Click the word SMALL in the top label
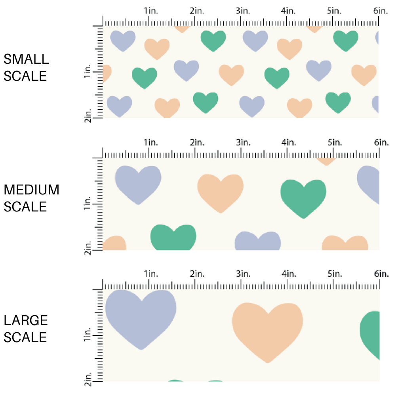coord(26,59)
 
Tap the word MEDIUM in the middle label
coord(31,190)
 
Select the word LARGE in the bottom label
coord(26,321)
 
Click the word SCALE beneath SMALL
coord(25,76)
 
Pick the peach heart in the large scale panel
coord(267,329)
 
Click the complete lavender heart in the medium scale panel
coord(138,183)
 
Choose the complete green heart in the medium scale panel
coord(303,196)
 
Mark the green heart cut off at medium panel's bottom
coord(173,238)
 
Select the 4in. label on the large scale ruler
coord(288,274)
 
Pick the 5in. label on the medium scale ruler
coord(334,142)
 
